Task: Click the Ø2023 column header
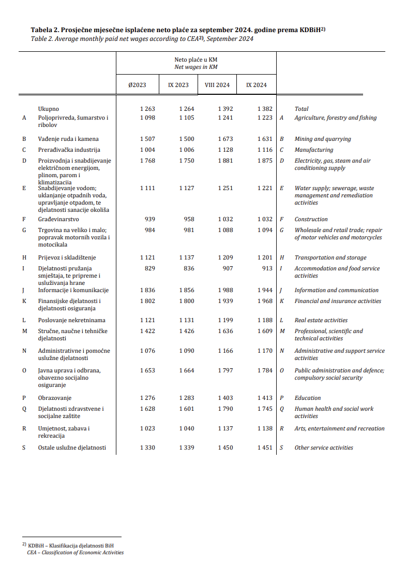tap(137, 85)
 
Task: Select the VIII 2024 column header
tap(217, 85)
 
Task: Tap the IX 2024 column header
tap(257, 85)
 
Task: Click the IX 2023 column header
tap(178, 85)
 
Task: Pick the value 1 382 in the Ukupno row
tap(265, 109)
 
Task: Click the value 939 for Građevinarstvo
tap(149, 219)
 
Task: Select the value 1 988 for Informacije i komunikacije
tap(225, 290)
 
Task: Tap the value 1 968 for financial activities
tap(265, 301)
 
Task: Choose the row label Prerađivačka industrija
tap(68, 150)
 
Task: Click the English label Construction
tap(311, 219)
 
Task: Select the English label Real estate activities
tap(321, 320)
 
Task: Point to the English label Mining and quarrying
tap(323, 139)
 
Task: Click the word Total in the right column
tap(302, 109)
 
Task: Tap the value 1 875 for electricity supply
tap(265, 161)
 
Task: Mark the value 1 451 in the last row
tap(265, 448)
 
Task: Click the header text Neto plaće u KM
tap(196, 60)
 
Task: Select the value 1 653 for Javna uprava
tap(147, 370)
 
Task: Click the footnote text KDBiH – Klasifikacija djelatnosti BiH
tap(71, 545)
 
